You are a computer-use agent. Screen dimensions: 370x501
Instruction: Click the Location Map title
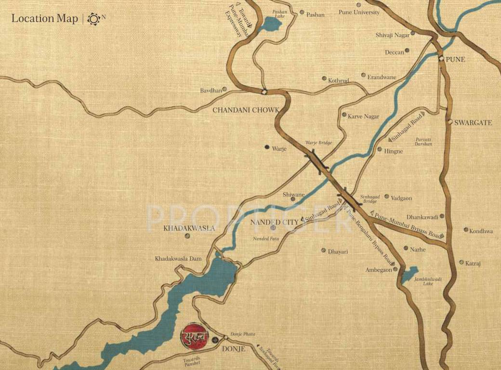click(45, 19)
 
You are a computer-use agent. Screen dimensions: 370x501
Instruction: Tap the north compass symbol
click(93, 19)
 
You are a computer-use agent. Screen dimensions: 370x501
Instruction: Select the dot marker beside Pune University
click(358, 5)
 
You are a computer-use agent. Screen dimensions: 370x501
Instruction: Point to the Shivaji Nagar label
click(392, 35)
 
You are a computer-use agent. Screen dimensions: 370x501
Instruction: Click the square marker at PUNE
click(441, 59)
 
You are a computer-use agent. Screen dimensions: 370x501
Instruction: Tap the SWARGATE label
click(473, 123)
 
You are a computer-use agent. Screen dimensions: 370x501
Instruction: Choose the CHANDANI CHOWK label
click(246, 110)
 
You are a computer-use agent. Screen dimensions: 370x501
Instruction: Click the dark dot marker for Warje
click(267, 147)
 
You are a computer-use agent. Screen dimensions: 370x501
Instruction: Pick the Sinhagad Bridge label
click(370, 199)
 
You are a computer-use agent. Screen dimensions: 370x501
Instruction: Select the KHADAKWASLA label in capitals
click(189, 228)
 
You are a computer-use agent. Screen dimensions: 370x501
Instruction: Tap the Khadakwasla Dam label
click(178, 259)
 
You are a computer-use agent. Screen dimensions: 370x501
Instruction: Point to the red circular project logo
click(194, 336)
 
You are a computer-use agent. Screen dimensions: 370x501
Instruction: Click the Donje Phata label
click(242, 334)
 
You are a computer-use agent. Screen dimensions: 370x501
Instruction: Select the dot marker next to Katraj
click(461, 263)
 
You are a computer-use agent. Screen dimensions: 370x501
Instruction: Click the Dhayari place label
click(338, 251)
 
